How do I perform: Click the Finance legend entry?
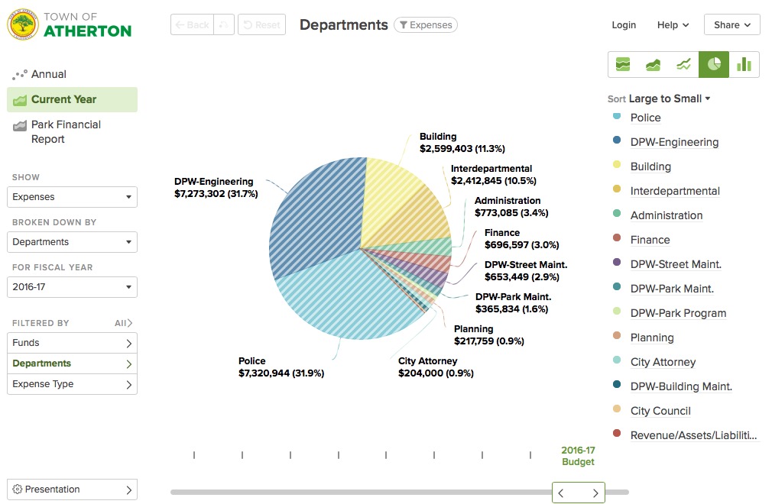[650, 240]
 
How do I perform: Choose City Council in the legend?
[660, 411]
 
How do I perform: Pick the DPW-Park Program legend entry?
[678, 313]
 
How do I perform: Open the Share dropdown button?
[731, 25]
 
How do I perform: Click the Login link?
[624, 25]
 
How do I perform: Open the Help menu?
[673, 25]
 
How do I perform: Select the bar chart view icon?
[744, 64]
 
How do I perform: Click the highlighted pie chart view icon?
[714, 64]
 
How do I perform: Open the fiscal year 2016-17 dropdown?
[72, 287]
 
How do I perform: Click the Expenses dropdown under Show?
[72, 197]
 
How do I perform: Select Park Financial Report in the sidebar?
[66, 131]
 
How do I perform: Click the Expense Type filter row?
[72, 384]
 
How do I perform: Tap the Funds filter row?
[72, 343]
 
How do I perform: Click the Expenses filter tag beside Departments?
[426, 25]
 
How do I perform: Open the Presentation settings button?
[72, 489]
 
